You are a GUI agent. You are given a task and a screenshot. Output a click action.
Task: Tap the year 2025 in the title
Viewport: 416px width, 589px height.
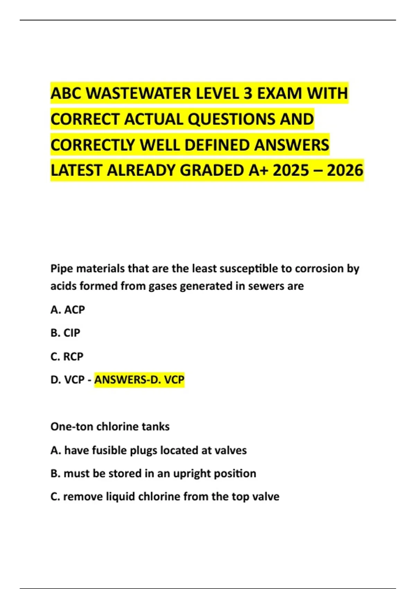291,170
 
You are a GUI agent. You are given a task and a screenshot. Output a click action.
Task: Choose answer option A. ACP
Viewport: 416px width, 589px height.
68,309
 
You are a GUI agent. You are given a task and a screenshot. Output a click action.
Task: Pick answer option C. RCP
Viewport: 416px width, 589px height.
67,356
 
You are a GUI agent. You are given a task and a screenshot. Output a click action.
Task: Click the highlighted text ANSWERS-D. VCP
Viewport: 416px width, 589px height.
139,380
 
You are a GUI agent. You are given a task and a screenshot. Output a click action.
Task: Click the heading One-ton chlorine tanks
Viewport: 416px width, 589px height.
110,427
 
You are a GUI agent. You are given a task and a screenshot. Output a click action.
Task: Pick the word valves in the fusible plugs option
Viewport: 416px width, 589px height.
231,450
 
